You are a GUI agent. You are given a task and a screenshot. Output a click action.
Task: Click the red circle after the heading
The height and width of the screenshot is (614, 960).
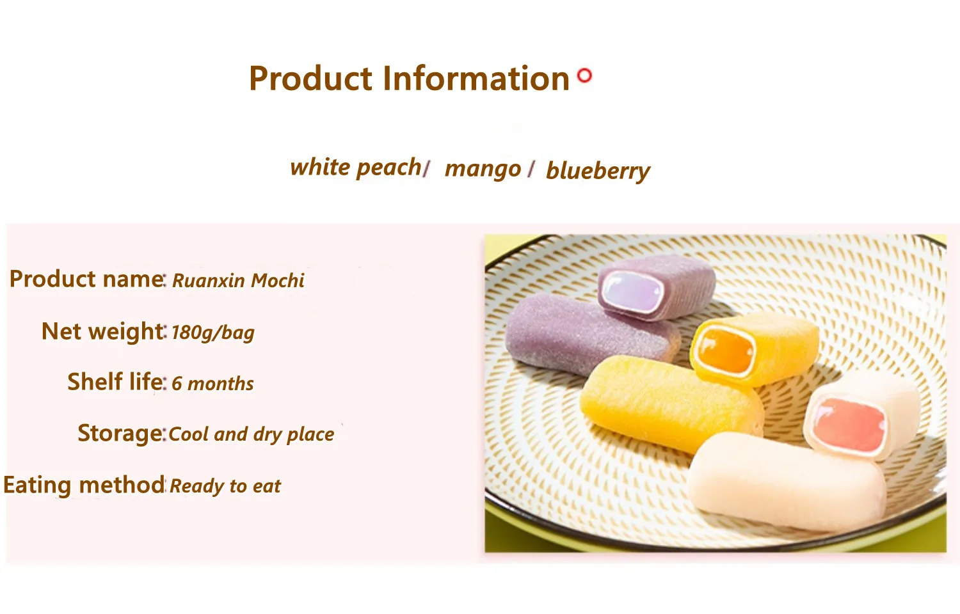(584, 75)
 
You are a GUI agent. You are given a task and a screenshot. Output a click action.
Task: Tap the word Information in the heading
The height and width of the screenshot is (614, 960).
(476, 78)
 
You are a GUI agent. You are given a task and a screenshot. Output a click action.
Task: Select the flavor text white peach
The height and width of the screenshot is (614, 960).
(356, 168)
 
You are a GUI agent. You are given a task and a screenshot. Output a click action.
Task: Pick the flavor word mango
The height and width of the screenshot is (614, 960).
(483, 169)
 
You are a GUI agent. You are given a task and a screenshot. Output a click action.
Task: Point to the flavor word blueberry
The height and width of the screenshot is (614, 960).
(598, 171)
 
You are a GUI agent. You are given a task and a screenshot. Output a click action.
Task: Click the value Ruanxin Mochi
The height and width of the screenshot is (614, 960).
(238, 280)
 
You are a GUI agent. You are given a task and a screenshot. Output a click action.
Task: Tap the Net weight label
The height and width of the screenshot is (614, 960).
(103, 331)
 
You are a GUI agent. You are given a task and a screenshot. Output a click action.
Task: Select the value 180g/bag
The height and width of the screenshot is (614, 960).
(213, 333)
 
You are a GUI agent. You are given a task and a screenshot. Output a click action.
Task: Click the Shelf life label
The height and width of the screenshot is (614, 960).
(116, 381)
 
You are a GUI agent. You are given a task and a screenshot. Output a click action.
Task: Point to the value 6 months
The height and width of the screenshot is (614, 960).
(212, 383)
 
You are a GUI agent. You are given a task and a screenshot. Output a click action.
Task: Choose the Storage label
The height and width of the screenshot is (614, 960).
(120, 433)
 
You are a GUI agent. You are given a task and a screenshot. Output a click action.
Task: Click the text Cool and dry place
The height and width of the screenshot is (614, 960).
(251, 434)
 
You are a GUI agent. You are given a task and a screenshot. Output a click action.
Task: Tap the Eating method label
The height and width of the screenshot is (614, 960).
(84, 485)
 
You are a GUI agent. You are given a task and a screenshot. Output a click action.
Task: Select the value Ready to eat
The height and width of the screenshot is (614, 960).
(225, 486)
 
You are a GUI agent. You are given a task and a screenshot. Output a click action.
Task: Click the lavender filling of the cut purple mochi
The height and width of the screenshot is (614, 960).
(632, 293)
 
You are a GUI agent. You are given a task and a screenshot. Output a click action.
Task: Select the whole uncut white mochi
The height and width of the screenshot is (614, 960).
(787, 482)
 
